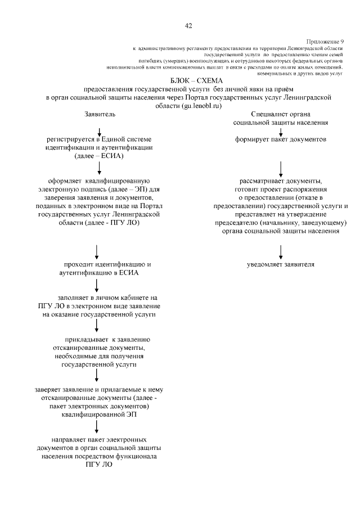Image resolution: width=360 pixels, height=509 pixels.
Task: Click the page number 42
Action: [x=189, y=25]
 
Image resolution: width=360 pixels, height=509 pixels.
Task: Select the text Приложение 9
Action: [x=325, y=42]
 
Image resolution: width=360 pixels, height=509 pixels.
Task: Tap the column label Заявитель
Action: [x=100, y=114]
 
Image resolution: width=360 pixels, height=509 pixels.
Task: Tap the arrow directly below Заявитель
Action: [x=100, y=131]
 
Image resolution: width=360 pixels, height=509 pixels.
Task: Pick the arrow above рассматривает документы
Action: [x=281, y=168]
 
